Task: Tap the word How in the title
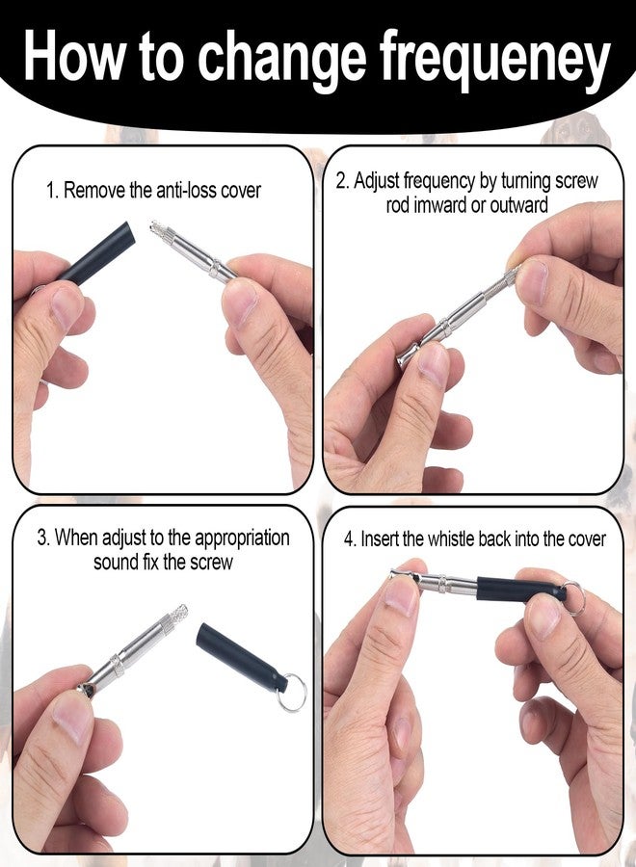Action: coord(72,55)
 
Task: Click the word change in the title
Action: coord(282,58)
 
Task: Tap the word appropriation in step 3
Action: coord(242,538)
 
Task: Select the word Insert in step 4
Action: coord(380,539)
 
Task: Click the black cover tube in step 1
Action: coord(95,253)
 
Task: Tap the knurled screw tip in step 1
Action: coord(160,230)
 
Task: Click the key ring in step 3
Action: coord(291,692)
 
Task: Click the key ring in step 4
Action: coord(572,597)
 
